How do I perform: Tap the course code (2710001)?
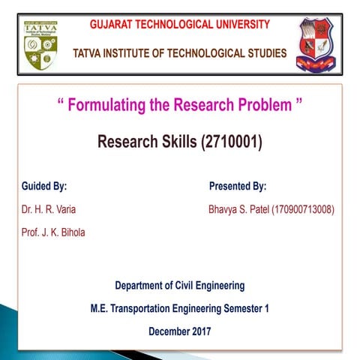[x=232, y=142]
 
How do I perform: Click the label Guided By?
[x=49, y=186]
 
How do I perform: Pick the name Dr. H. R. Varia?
[x=49, y=209]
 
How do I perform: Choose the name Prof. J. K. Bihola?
[x=53, y=232]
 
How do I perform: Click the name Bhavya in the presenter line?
[x=224, y=209]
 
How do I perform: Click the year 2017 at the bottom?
[x=199, y=331]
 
